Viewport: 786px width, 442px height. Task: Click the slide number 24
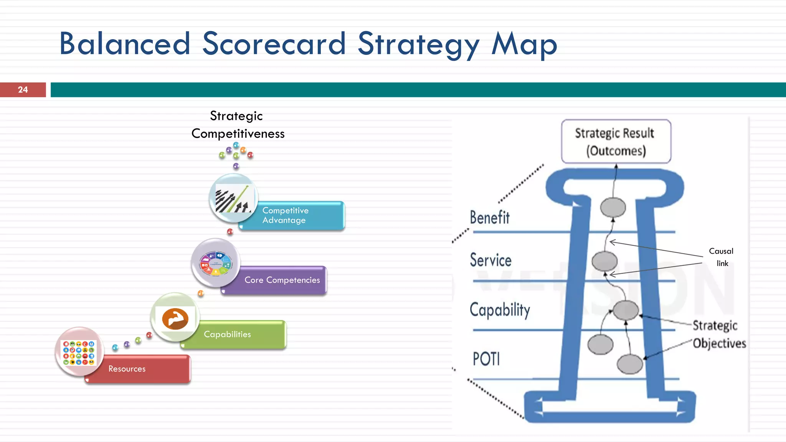[23, 90]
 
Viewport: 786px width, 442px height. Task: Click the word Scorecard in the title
[274, 44]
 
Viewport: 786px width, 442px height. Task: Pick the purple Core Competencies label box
[282, 280]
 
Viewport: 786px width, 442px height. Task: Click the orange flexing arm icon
[175, 318]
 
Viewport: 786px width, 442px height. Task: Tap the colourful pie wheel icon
[216, 263]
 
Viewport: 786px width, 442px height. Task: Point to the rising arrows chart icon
[234, 198]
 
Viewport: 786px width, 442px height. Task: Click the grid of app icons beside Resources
[79, 352]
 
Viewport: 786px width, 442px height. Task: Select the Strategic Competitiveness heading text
[238, 125]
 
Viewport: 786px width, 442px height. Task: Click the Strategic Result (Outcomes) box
[616, 142]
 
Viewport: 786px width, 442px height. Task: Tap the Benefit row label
[490, 218]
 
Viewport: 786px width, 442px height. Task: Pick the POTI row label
[486, 359]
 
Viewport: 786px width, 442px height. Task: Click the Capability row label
[500, 310]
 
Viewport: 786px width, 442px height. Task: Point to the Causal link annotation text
[721, 257]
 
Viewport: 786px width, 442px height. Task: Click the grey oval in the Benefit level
[613, 208]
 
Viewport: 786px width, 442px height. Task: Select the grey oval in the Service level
[604, 261]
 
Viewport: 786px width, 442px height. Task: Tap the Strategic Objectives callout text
[718, 334]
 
